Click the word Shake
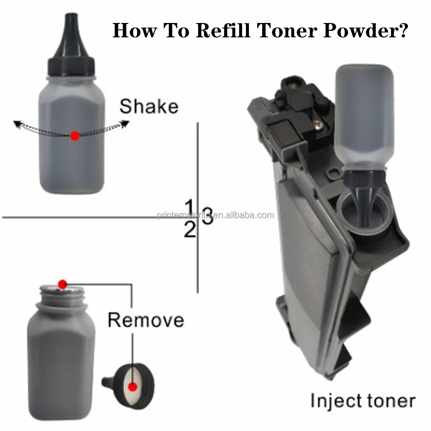(x=149, y=107)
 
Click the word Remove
(x=146, y=320)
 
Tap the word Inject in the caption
(x=334, y=400)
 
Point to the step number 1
(x=190, y=208)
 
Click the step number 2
(x=190, y=230)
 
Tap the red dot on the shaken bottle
(x=74, y=136)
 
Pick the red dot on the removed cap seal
(x=133, y=387)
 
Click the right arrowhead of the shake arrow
(x=125, y=124)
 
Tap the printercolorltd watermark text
(x=215, y=215)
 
